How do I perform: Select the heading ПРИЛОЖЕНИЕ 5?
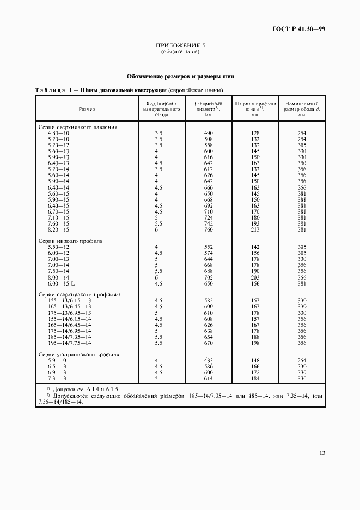[x=180, y=46]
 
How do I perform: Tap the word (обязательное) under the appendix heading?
[x=180, y=52]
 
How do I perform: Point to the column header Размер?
[x=87, y=109]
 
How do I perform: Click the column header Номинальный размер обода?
[x=301, y=109]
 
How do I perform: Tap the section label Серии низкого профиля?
[x=70, y=240]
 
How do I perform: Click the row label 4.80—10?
[x=58, y=133]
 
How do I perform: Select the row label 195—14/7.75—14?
[x=69, y=343]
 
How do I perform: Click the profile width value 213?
[x=255, y=229]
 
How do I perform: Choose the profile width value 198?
[x=255, y=343]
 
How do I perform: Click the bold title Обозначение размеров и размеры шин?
[x=180, y=77]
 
